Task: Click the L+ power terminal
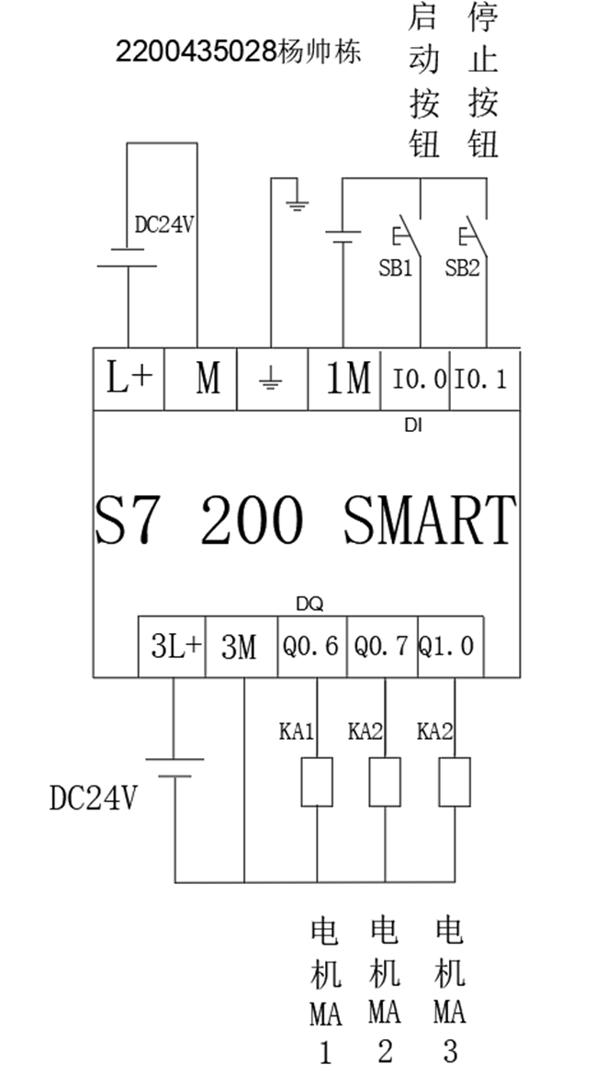click(x=129, y=379)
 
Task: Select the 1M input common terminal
click(x=349, y=379)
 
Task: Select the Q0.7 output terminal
click(x=380, y=647)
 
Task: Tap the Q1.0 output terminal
click(x=446, y=647)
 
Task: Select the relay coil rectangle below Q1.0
click(x=454, y=782)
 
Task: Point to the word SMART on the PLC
click(x=430, y=521)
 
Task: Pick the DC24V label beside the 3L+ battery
click(x=93, y=799)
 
